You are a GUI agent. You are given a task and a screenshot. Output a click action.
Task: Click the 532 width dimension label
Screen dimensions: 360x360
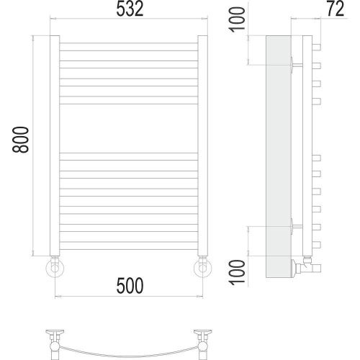130,9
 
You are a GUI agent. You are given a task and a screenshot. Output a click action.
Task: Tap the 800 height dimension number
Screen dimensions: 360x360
20,140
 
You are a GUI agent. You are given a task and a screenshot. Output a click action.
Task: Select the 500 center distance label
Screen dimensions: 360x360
130,286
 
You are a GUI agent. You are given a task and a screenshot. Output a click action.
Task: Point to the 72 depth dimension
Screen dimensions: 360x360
336,9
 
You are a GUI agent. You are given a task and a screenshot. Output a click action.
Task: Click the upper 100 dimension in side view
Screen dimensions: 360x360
238,19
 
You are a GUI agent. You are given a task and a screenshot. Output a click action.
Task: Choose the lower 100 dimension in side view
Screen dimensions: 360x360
238,273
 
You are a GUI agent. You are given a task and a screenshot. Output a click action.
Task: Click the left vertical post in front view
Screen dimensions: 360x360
55,145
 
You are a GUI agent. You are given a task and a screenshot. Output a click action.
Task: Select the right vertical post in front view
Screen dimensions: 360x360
203,145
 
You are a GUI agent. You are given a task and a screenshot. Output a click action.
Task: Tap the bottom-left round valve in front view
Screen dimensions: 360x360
55,268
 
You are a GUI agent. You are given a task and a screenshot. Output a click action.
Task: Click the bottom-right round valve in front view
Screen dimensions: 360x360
203,268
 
